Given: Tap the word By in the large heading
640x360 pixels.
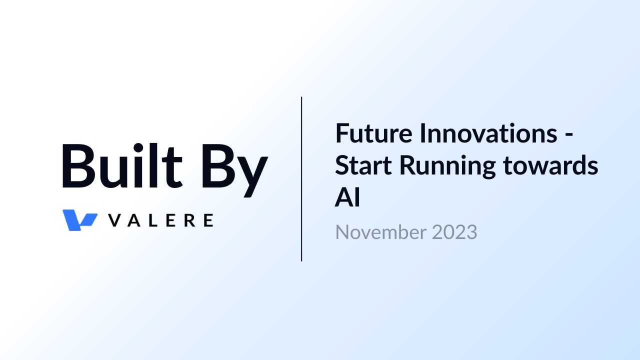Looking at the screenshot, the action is coord(235,170).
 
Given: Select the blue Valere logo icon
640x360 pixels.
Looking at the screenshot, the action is coord(80,220).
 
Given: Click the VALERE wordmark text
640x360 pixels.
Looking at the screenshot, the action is coord(161,220).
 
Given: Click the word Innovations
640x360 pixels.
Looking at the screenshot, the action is coord(488,133).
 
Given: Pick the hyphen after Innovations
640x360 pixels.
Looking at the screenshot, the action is coord(569,135).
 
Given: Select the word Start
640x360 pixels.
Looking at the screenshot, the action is coord(363,165).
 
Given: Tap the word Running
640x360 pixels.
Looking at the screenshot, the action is coord(447,167).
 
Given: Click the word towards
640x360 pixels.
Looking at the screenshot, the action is coord(550,165).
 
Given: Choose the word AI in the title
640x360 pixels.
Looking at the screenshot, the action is coord(347,197).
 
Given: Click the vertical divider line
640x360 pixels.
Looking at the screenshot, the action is coord(301,179).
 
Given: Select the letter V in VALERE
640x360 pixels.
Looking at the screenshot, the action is coord(115,220).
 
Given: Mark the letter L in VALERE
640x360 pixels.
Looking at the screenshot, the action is coord(153,220).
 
